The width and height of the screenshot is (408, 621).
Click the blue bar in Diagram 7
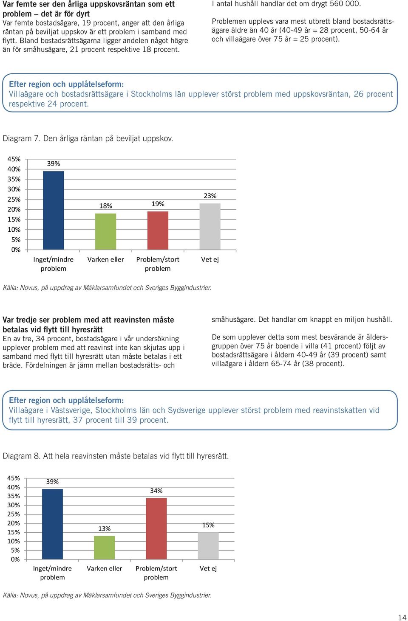coord(53,211)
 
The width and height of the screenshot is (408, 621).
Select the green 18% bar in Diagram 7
coord(105,231)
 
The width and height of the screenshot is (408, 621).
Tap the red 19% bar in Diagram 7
coord(158,230)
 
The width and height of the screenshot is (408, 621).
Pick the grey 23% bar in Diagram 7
coord(210,227)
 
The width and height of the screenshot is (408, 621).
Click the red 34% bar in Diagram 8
coord(156,528)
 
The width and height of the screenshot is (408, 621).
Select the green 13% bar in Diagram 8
coord(105,548)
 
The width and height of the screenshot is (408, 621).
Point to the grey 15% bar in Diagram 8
coord(208,545)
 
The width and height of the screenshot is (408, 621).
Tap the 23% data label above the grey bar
coord(210,196)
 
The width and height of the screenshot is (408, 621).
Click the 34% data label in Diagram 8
coord(156,491)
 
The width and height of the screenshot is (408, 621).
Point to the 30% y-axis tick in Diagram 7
coord(14,189)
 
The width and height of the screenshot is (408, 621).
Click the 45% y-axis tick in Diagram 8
coord(14,478)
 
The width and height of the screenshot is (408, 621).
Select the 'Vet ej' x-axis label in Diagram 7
coord(210,259)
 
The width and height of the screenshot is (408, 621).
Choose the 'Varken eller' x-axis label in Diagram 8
coord(105,568)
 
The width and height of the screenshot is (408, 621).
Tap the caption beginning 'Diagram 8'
coord(116,456)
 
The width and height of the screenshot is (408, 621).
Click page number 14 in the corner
coord(402,618)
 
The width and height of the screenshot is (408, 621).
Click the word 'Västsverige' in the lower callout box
coord(71,410)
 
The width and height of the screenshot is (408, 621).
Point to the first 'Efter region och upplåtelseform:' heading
coord(66,84)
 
